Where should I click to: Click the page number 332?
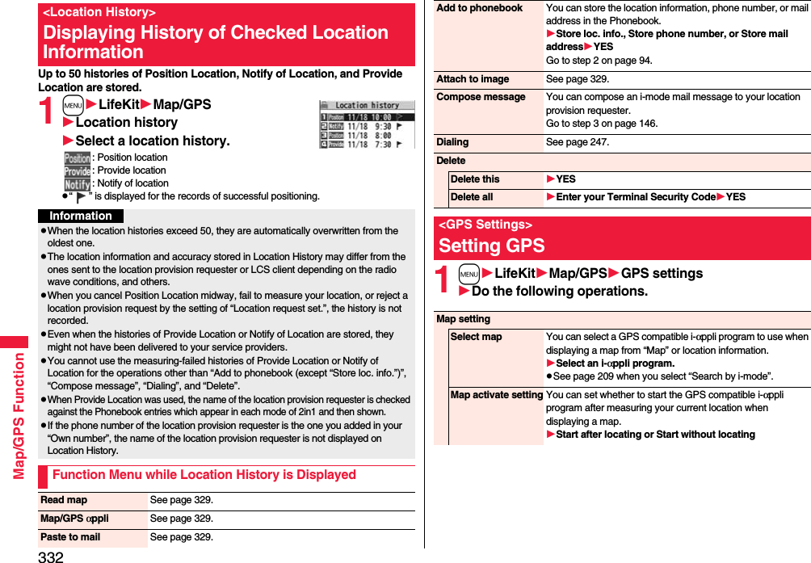pyautogui.click(x=50, y=556)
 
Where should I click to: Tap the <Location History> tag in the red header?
pyautogui.click(x=99, y=12)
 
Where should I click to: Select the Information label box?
pyautogui.click(x=81, y=216)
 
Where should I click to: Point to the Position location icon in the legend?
pyautogui.click(x=78, y=158)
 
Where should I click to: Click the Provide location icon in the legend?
pyautogui.click(x=78, y=170)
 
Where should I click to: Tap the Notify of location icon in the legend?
pyautogui.click(x=78, y=183)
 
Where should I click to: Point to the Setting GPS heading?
pyautogui.click(x=492, y=245)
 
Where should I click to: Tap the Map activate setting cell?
pyautogui.click(x=496, y=394)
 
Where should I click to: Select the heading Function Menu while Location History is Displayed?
pyautogui.click(x=204, y=475)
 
